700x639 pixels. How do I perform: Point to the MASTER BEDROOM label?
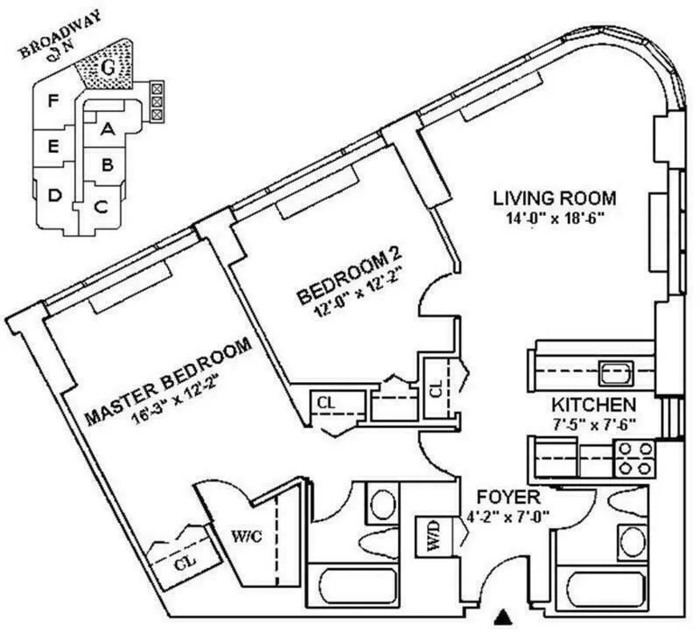coord(169,381)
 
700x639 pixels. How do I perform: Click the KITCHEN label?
coord(592,406)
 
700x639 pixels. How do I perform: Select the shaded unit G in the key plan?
coord(105,66)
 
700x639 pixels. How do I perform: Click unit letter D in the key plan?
coord(54,195)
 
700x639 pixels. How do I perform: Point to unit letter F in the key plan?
coord(53,101)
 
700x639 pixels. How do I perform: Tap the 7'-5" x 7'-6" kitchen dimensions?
coord(592,425)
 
